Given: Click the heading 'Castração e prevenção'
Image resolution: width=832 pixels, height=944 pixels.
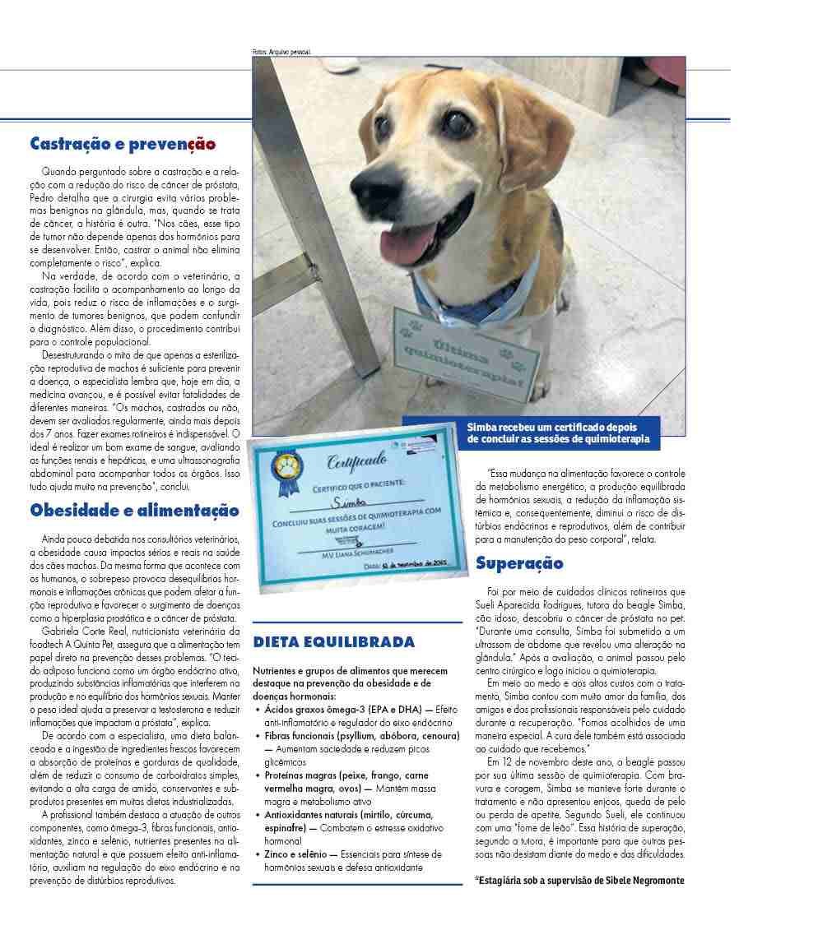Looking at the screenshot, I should coord(123,145).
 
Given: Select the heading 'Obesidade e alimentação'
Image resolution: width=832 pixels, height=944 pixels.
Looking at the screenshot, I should coord(134,511).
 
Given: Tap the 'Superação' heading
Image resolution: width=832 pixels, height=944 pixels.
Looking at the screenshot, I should coord(519,563).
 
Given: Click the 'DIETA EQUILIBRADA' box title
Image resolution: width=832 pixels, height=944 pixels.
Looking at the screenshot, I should coord(333,642).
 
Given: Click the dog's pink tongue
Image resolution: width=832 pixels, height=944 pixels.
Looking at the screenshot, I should coord(409,243).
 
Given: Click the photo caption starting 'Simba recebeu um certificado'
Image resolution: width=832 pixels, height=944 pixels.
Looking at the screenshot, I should coord(557,433).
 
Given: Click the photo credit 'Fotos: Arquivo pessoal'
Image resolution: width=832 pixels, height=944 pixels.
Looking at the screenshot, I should coord(281,53).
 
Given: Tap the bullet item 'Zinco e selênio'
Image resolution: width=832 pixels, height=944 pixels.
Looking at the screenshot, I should coord(295,854).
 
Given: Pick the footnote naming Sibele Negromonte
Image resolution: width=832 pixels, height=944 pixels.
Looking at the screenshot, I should coord(579,880).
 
